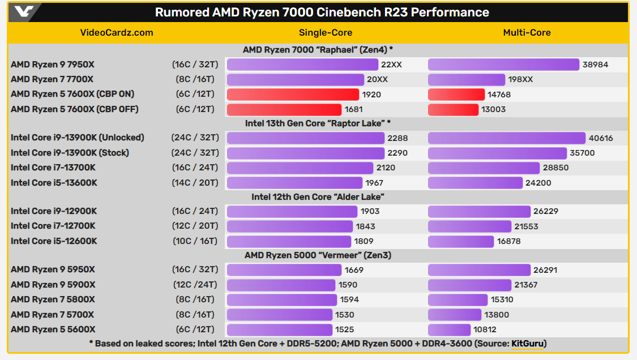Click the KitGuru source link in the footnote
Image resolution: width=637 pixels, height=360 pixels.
(527, 343)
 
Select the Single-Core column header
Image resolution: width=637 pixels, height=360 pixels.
(326, 32)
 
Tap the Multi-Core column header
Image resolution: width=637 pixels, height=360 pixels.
(527, 32)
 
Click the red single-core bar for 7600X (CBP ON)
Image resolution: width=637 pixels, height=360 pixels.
(293, 95)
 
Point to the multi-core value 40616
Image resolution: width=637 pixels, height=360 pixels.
(601, 138)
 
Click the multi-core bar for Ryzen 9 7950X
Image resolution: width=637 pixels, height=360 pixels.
(503, 65)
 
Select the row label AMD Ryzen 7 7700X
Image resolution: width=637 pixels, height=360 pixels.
(52, 79)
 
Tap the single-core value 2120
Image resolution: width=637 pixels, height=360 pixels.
(386, 168)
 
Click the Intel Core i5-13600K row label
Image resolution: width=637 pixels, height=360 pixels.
(54, 183)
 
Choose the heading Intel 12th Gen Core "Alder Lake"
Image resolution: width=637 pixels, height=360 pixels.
(318, 197)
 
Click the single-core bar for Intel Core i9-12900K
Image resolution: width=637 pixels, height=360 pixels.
(292, 211)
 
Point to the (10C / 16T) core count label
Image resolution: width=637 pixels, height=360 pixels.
(195, 241)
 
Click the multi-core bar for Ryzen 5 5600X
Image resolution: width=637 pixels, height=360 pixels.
(449, 329)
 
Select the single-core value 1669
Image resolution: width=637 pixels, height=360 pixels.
(354, 270)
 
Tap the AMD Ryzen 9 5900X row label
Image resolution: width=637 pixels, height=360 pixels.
(53, 285)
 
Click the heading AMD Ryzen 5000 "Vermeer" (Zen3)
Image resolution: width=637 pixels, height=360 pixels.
(318, 255)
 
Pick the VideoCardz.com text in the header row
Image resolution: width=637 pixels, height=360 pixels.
(117, 32)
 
